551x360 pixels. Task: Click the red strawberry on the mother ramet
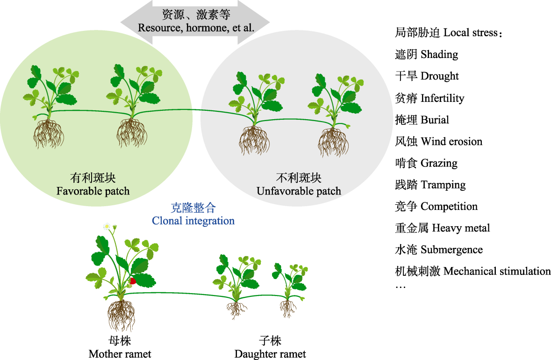(133, 281)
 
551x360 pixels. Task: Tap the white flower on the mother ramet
(107, 226)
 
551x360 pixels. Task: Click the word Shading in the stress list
(439, 55)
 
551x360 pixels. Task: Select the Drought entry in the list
(440, 76)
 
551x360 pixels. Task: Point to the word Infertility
(443, 98)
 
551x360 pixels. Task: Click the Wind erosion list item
(451, 142)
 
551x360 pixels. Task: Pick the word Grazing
(439, 163)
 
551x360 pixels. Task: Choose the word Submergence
(451, 250)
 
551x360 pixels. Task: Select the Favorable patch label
(93, 191)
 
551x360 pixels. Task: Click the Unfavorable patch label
(299, 191)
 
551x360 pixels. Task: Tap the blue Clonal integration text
(193, 220)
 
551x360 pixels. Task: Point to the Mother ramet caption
(120, 353)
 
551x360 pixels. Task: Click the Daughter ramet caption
(270, 353)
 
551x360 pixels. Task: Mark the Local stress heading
(472, 33)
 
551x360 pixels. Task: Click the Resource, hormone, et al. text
(196, 28)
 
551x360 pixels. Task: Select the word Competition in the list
(449, 207)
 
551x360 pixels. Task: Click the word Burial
(435, 120)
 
